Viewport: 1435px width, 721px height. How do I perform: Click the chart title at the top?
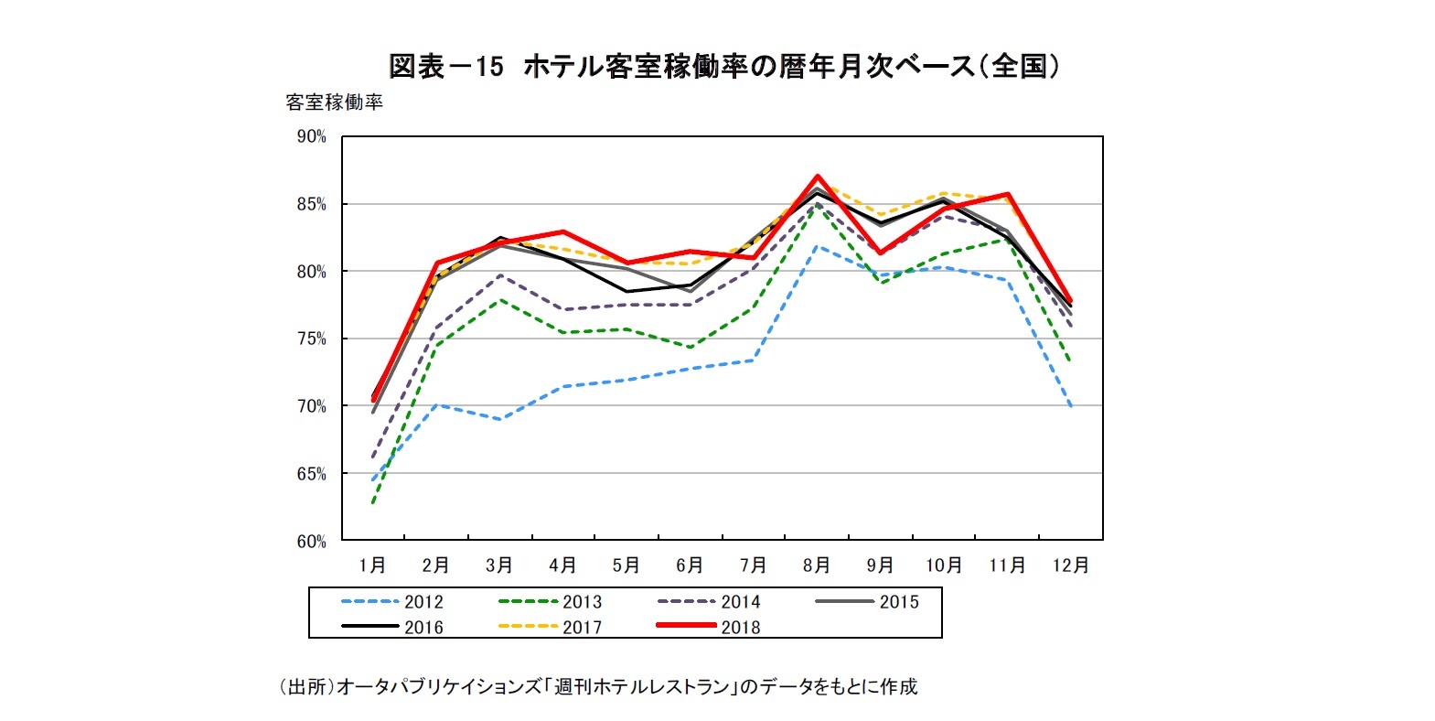[x=723, y=66]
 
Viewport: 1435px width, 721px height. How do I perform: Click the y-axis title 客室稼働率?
[x=334, y=102]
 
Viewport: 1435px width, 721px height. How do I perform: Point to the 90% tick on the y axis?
[x=311, y=136]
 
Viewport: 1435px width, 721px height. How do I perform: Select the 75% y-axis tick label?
[x=311, y=339]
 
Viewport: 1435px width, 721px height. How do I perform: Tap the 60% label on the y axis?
[x=311, y=541]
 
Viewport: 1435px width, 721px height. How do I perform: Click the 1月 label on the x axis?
[x=372, y=565]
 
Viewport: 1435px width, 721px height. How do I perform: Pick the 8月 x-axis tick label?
[x=817, y=565]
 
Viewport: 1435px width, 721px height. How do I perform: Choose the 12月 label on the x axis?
[x=1070, y=565]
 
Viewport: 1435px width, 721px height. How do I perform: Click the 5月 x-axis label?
[x=626, y=565]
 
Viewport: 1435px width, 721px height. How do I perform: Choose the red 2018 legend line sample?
[x=686, y=626]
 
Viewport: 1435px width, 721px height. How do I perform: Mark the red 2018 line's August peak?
[x=818, y=176]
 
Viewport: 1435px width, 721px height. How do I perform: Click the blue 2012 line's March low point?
[x=500, y=420]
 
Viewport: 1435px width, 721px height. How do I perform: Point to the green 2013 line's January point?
[x=373, y=502]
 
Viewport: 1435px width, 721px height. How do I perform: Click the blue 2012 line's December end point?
[x=1070, y=405]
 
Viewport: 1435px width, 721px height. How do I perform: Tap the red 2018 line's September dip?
[x=880, y=253]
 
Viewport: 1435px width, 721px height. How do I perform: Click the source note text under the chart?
[x=598, y=686]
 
